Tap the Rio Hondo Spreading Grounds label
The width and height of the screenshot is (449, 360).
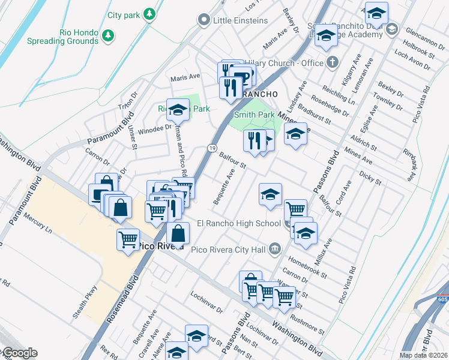(x=62, y=37)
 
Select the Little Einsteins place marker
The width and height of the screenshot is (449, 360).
(x=204, y=20)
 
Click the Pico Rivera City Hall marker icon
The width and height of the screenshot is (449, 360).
(x=275, y=248)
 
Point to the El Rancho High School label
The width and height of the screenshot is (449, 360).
(x=238, y=224)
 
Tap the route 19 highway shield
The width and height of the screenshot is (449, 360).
(x=212, y=148)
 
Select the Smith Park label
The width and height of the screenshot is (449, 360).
(x=254, y=115)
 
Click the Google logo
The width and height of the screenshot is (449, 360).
(x=19, y=353)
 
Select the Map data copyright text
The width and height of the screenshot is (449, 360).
(x=423, y=355)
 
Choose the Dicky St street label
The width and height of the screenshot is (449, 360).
(x=371, y=178)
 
